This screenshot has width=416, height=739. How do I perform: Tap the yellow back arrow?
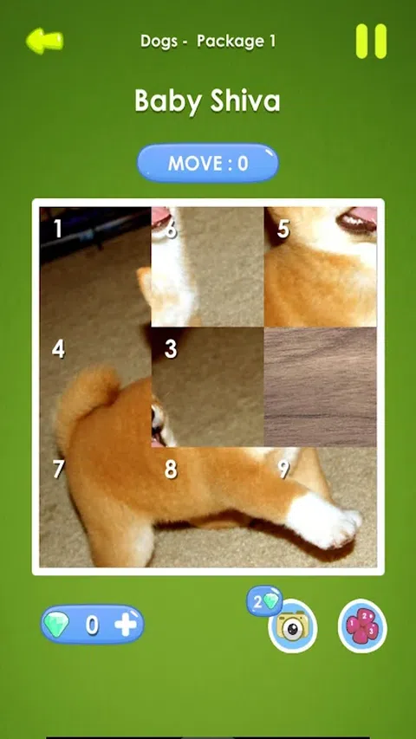click(x=45, y=41)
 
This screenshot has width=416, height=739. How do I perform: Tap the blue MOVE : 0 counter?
click(x=208, y=163)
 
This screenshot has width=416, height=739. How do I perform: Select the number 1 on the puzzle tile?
click(x=57, y=229)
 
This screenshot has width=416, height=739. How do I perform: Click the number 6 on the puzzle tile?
click(x=171, y=229)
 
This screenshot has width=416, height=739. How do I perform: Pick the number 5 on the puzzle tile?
click(x=283, y=229)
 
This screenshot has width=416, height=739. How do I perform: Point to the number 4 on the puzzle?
click(x=58, y=349)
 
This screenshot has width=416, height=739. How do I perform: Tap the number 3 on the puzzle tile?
click(x=171, y=349)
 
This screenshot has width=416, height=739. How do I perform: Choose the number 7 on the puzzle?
click(x=58, y=469)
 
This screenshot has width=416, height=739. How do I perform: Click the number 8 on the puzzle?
click(x=171, y=470)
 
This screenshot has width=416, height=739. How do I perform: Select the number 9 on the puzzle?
click(x=283, y=469)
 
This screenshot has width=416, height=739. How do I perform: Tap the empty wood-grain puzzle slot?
click(x=321, y=387)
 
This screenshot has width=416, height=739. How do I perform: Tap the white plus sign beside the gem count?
click(x=126, y=625)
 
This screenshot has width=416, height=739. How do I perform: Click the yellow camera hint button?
click(x=292, y=626)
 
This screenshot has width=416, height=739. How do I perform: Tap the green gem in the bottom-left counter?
click(x=56, y=625)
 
